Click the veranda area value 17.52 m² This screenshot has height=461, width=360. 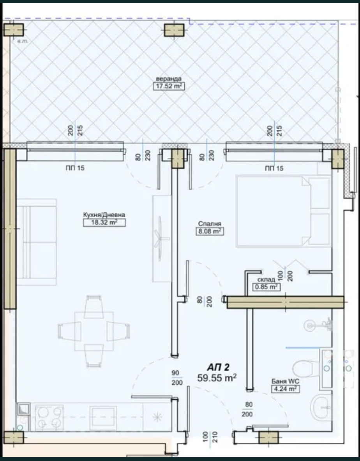[169, 86]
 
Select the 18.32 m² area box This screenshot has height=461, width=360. [101, 223]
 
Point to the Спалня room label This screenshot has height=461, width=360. [210, 224]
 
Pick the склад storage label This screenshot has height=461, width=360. [266, 280]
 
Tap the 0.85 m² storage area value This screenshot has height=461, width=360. [266, 287]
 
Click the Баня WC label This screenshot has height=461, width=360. [286, 381]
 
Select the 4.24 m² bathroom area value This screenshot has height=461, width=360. [286, 389]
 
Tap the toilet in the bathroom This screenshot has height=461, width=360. [303, 367]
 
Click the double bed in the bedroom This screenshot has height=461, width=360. [282, 211]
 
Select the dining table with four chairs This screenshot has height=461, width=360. [93, 331]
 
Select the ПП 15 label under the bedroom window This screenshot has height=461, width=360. [274, 168]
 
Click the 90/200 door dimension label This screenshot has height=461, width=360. [177, 378]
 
